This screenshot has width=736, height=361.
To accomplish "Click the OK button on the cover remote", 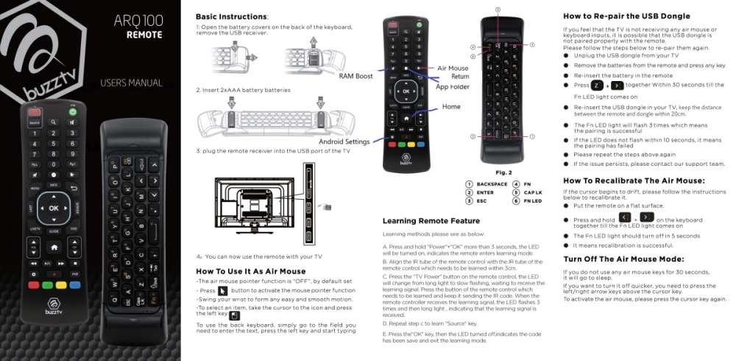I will (53, 208).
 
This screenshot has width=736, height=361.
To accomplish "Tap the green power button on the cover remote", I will (73, 112).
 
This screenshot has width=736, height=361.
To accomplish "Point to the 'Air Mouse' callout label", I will (453, 69).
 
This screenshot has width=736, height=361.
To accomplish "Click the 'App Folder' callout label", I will (453, 87).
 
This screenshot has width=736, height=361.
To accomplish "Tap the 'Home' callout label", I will (451, 107).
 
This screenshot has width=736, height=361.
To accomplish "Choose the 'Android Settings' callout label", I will (344, 141).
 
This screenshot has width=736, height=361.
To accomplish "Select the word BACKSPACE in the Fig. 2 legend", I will (492, 184).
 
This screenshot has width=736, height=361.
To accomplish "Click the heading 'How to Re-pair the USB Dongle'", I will (626, 16).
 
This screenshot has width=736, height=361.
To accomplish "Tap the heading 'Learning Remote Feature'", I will (431, 221).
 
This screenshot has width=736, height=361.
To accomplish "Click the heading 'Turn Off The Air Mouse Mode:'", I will (623, 259).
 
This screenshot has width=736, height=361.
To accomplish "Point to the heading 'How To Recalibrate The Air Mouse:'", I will (634, 180).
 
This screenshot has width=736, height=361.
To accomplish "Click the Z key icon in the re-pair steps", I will (597, 85).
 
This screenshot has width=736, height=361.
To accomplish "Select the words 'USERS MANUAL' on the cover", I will (131, 83).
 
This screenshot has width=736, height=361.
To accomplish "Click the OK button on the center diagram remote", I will (404, 91).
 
